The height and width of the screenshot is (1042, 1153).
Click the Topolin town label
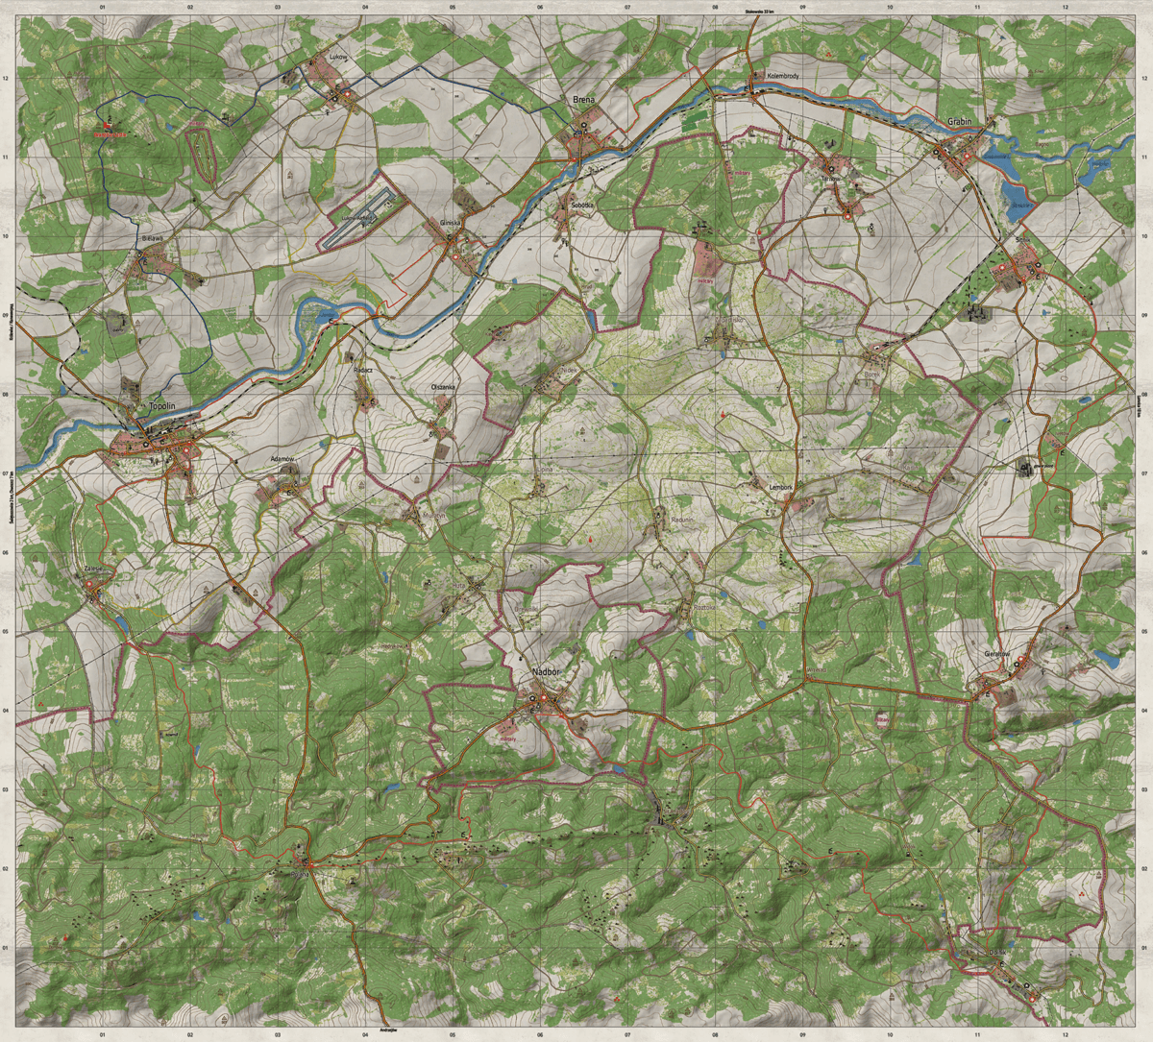160,407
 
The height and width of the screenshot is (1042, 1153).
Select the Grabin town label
958,122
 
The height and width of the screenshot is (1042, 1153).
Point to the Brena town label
583,100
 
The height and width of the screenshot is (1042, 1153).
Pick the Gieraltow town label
999,654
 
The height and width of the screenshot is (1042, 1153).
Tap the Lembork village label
781,487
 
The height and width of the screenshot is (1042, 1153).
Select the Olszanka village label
443,387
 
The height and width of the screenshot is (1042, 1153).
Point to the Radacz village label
362,369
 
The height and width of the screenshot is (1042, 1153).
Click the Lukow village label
336,57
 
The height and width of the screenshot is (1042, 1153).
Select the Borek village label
871,374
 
